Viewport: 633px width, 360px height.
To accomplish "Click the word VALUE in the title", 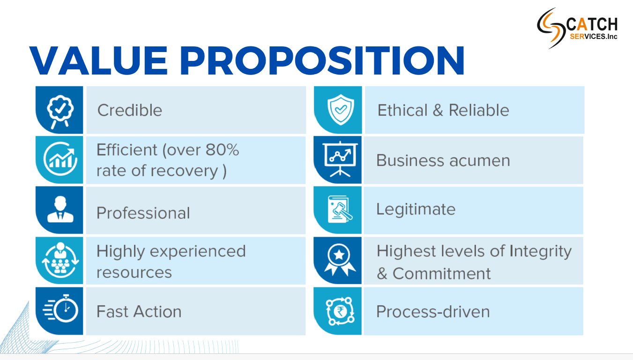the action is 98,60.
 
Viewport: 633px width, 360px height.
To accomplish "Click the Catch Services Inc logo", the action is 577,28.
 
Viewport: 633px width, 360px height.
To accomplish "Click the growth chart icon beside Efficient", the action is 60,159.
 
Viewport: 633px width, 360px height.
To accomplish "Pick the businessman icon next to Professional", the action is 60,209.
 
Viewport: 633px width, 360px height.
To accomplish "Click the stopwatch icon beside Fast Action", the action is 61,308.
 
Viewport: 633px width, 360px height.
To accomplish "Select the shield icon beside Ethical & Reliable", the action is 341,110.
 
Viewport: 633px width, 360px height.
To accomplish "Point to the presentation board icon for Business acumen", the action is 340,159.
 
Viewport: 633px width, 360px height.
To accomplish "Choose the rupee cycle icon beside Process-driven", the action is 340,311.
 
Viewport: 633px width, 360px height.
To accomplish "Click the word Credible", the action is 130,110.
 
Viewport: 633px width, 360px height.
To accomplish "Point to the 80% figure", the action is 222,150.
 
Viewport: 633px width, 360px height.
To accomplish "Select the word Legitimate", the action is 416,210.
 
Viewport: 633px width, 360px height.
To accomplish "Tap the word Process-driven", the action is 433,311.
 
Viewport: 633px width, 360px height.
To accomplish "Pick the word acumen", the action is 480,161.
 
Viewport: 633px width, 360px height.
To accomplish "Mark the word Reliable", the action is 479,110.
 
